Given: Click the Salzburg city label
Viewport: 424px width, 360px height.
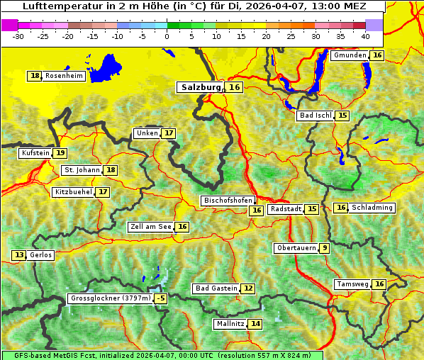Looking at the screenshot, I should tap(201, 87).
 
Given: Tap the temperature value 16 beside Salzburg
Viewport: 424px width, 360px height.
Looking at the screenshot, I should tap(235, 87).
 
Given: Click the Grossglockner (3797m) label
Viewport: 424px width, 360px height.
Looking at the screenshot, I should tap(111, 298).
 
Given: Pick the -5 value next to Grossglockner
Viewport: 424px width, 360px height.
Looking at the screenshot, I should tap(161, 298).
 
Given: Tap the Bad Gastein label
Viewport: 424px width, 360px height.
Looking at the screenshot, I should tap(216, 288).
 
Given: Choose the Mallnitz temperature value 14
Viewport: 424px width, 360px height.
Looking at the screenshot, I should tap(255, 324).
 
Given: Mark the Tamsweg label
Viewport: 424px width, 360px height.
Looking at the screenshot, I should tap(352, 284).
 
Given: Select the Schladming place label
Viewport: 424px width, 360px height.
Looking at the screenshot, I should tap(372, 208).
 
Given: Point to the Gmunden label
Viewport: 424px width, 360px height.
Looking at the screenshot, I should tap(350, 55).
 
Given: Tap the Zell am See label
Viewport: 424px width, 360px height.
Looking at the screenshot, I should tap(150, 227).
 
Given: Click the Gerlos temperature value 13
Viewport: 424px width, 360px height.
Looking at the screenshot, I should tap(19, 255).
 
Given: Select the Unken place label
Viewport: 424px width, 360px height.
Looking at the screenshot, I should tap(147, 133).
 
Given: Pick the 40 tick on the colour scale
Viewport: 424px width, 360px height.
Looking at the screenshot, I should tap(365, 36).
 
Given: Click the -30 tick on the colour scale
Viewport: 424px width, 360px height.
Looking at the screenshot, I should tap(18, 36).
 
